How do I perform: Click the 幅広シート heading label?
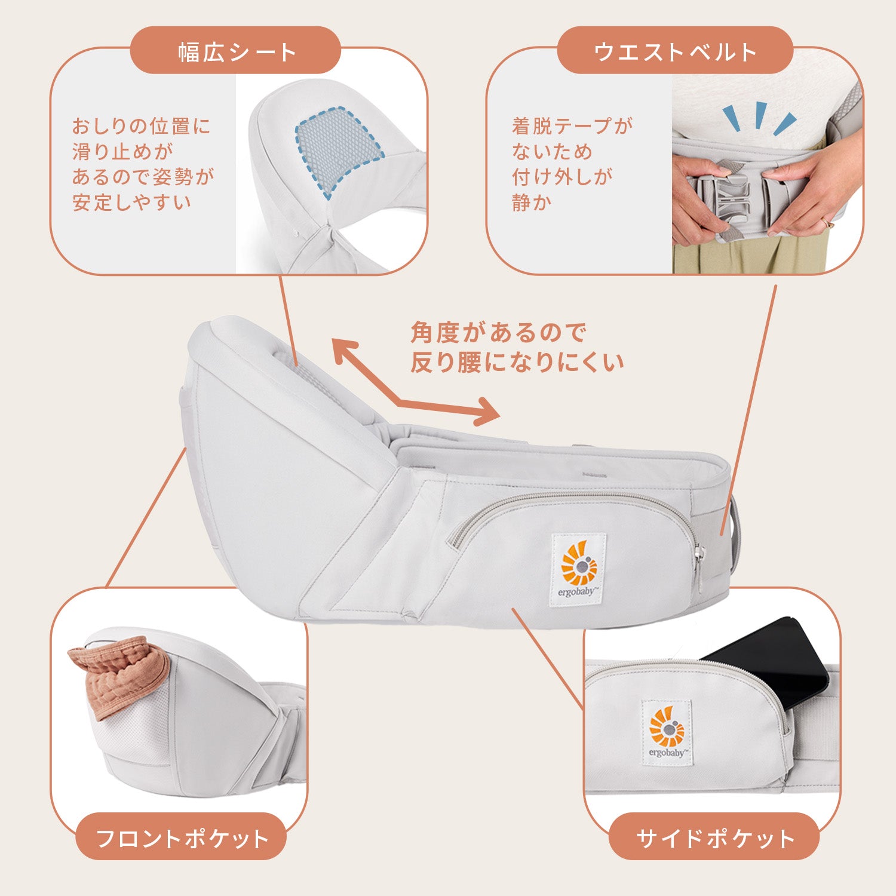(x=236, y=51)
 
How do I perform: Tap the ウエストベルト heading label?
(x=675, y=51)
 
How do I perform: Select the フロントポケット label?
(x=182, y=838)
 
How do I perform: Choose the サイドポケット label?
(x=714, y=838)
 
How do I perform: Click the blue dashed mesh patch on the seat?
(x=338, y=149)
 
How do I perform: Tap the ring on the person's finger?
(x=827, y=223)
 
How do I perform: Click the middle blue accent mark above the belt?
(x=760, y=115)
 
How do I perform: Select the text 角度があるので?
(x=498, y=332)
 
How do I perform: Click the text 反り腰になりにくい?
(x=517, y=362)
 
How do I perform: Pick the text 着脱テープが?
(x=572, y=126)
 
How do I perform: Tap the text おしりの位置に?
(x=142, y=126)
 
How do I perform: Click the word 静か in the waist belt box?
(x=532, y=202)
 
